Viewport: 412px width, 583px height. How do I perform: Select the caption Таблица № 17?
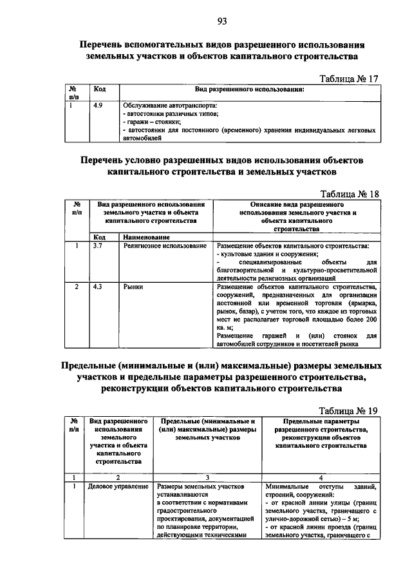[348, 79]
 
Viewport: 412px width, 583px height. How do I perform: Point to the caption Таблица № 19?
[348, 410]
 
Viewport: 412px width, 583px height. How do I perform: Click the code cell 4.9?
[98, 105]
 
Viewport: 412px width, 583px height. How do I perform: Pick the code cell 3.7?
[98, 246]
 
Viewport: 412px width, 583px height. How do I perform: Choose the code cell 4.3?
[98, 286]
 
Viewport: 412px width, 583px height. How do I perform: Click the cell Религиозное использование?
[165, 246]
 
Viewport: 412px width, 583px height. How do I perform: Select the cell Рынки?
[133, 286]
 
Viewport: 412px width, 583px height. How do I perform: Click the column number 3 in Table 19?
[207, 477]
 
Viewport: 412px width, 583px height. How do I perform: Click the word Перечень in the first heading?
[103, 46]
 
